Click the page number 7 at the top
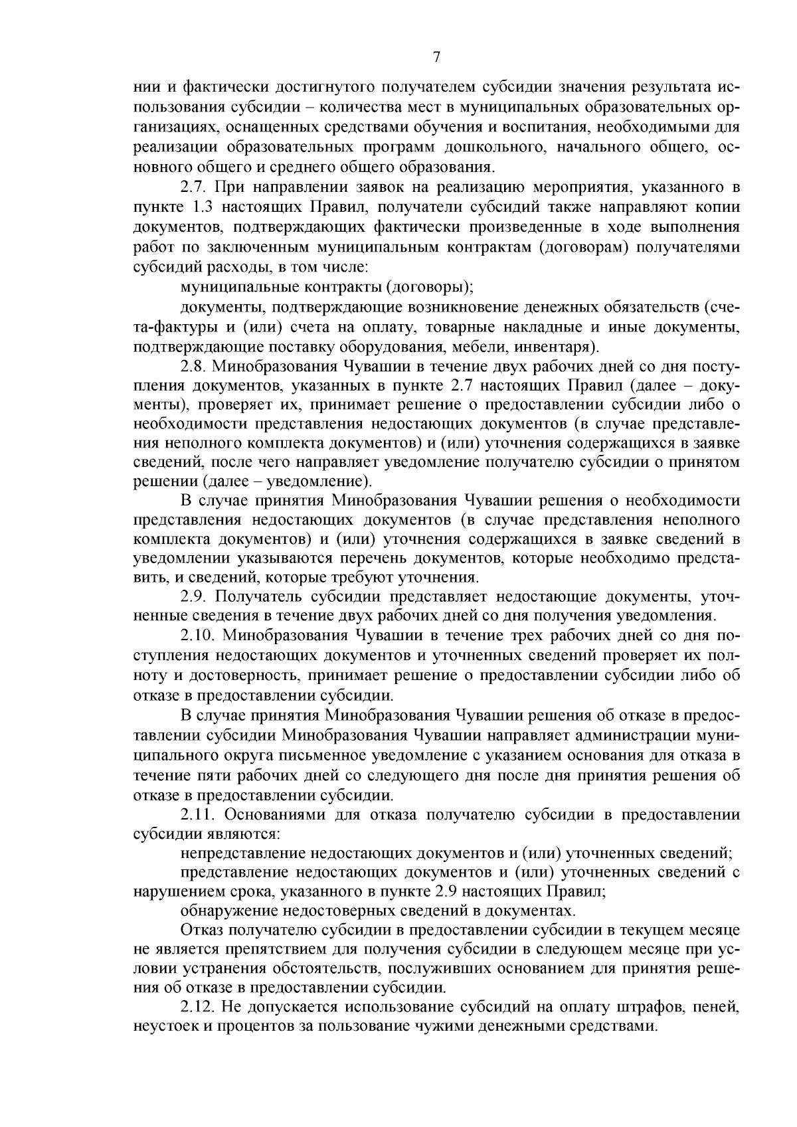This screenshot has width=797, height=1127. pos(436,57)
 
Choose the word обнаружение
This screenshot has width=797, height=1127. pos(229,910)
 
